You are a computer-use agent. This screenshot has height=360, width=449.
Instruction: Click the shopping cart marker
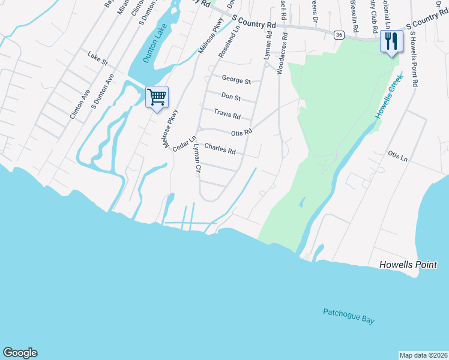tap(157, 97)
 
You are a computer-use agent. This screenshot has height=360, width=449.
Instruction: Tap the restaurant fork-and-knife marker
tap(391, 41)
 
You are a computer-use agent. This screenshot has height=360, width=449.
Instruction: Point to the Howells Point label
tap(408, 265)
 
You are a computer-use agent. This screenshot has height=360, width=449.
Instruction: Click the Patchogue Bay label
tap(348, 316)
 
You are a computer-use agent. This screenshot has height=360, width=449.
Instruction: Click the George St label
tap(236, 79)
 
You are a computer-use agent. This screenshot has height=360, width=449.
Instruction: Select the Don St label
tap(231, 96)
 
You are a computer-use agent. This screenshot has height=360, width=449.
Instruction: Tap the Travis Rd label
tap(228, 113)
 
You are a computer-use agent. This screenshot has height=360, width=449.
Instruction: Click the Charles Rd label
tap(220, 148)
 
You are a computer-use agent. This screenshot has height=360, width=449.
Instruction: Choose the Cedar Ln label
tap(184, 144)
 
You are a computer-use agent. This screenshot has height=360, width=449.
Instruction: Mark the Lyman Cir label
tap(195, 159)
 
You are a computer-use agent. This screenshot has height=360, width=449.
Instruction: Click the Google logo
tap(20, 353)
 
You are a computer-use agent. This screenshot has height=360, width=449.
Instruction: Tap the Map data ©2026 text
tap(423, 355)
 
